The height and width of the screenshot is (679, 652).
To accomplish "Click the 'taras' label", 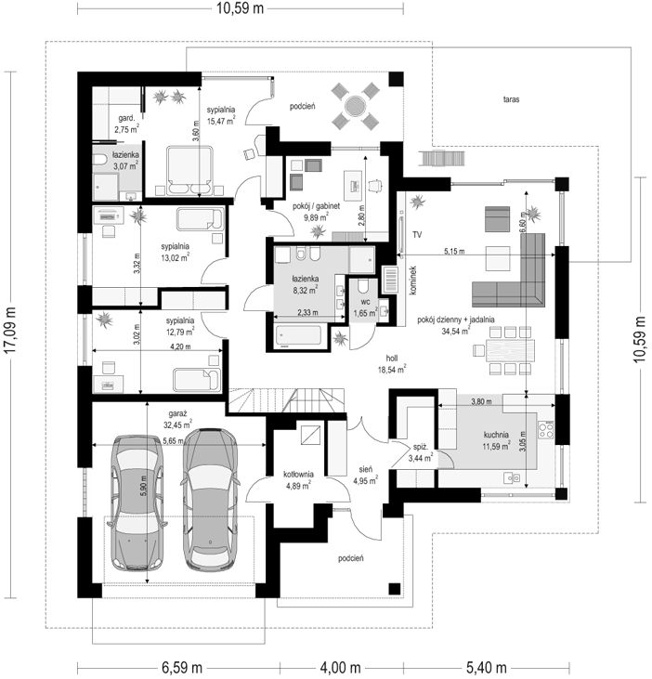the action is coord(511,99).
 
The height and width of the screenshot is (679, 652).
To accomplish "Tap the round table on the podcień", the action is coord(355,106).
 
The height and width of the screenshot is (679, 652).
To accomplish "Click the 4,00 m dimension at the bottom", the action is coord(340,667).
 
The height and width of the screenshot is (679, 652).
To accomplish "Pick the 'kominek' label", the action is coord(413,281).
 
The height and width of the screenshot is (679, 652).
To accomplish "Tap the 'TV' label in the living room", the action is coord(417,235).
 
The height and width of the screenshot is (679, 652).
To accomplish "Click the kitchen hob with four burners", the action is coord(546,430).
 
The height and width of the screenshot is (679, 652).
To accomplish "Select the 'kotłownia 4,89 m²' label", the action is coord(298,480).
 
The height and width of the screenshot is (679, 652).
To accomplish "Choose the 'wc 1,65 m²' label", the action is coord(365,307).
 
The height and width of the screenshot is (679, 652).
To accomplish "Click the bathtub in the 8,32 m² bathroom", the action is coord(299,337).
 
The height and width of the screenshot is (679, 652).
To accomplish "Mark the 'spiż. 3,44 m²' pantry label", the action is coord(421,451).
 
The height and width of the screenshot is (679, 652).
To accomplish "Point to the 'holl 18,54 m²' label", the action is coord(392,364).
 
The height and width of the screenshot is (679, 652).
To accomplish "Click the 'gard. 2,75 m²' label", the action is coord(126,124).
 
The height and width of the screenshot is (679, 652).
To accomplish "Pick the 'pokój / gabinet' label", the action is coord(316,206).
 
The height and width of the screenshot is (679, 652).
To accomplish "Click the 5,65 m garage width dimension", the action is coord(173,441).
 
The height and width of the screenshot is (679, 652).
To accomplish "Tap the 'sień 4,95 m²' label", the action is coord(365,475).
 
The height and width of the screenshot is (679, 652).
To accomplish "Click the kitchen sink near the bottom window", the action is coord(512,478).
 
